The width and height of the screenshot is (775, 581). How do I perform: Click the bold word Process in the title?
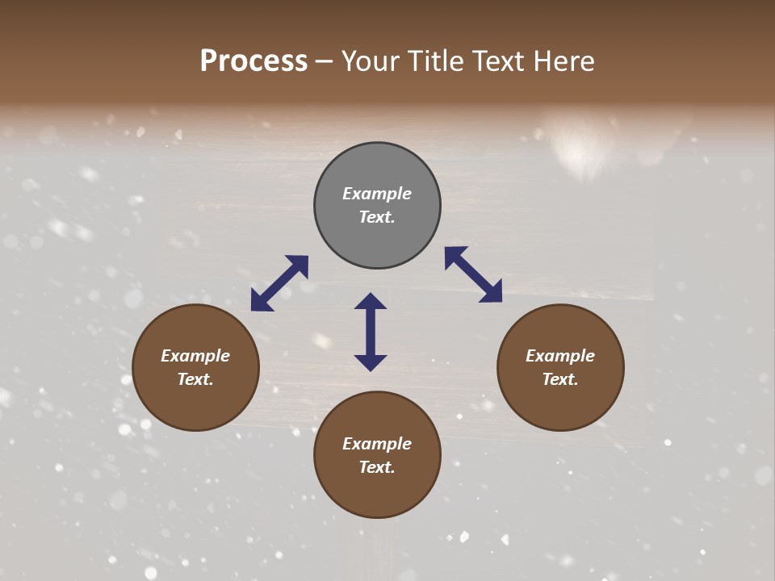tap(253, 61)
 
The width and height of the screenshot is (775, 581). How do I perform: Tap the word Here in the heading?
tap(563, 61)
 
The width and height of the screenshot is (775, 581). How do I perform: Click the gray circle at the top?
tap(377, 206)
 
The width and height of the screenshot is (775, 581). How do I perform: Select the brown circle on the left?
tap(195, 368)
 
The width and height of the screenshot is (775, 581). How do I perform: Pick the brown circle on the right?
tap(560, 368)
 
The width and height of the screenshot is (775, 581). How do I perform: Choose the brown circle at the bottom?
tap(377, 455)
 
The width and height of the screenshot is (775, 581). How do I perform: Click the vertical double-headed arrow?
tap(371, 332)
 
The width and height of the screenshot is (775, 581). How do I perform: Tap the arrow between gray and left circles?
tap(279, 283)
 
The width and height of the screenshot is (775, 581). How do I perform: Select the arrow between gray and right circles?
tap(473, 274)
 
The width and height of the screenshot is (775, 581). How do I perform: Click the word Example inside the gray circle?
tap(377, 194)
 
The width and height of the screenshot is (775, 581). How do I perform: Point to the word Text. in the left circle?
tap(195, 379)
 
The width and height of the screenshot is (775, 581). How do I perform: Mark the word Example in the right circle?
tap(560, 356)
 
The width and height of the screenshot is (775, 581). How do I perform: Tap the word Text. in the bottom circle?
tap(377, 467)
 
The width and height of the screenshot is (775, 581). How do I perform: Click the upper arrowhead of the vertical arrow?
tap(371, 301)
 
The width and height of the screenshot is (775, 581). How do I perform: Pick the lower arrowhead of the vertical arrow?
tap(371, 362)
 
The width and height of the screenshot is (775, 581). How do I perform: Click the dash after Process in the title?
tap(324, 61)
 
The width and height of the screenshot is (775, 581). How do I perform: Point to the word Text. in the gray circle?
tap(377, 217)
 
